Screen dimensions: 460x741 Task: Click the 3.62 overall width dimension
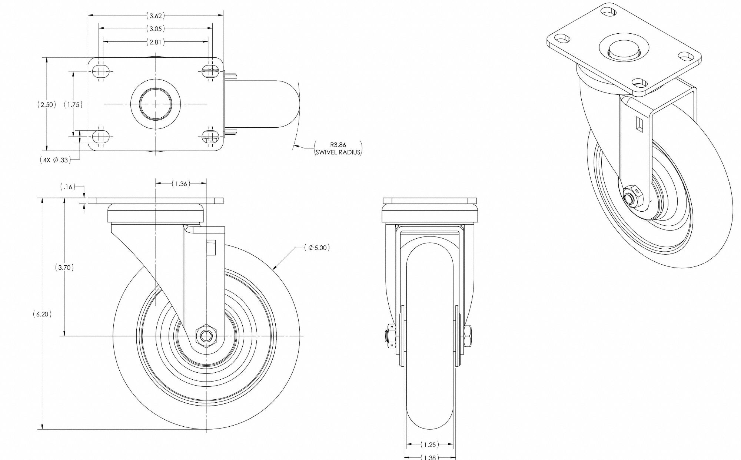(x=155, y=16)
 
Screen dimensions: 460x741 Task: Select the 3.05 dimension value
(x=155, y=28)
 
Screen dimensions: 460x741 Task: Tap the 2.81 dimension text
(x=155, y=42)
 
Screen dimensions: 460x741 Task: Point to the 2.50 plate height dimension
(x=47, y=105)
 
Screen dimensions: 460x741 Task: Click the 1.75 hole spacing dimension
(x=73, y=105)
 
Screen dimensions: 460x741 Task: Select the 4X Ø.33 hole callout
(x=55, y=160)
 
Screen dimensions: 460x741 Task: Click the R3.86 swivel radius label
(x=338, y=148)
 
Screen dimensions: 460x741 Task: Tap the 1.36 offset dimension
(x=181, y=184)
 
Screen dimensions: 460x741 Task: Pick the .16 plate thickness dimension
(x=67, y=187)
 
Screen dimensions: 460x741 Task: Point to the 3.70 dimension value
(x=64, y=268)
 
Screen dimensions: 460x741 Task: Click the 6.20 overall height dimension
(x=42, y=314)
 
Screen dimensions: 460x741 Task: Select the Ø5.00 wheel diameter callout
(x=317, y=248)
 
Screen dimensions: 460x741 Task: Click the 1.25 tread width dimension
(x=430, y=444)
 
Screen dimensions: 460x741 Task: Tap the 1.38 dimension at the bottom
(x=430, y=457)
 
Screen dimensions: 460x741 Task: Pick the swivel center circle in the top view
(x=156, y=104)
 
